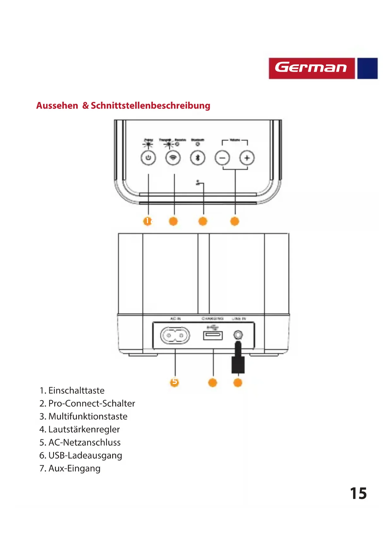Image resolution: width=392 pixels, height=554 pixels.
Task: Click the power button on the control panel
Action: [148, 158]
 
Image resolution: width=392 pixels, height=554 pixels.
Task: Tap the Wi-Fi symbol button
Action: [173, 158]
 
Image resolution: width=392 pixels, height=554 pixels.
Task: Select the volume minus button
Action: [222, 158]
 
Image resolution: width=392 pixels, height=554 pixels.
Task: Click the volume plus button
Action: [247, 158]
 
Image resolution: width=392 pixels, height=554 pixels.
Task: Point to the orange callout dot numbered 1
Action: [148, 221]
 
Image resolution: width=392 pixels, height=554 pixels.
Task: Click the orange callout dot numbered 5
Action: [174, 382]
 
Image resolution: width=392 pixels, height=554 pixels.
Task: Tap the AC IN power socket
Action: [175, 335]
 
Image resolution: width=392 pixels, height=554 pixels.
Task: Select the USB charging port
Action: [213, 335]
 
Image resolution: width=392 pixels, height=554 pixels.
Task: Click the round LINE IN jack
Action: [238, 334]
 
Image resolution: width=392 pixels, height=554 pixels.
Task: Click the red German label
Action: [311, 68]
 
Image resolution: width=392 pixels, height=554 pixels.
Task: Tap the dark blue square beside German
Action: [367, 68]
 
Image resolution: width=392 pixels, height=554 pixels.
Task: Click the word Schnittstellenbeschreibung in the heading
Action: [150, 105]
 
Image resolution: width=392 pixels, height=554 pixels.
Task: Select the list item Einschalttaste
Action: [76, 390]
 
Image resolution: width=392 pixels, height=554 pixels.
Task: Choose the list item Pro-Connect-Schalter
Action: [91, 403]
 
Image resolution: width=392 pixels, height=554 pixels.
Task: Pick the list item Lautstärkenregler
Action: [84, 429]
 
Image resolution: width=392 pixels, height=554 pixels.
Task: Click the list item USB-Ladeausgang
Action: [85, 455]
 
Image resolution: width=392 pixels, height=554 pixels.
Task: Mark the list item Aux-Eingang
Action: [74, 468]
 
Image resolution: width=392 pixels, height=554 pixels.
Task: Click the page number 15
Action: [358, 493]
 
